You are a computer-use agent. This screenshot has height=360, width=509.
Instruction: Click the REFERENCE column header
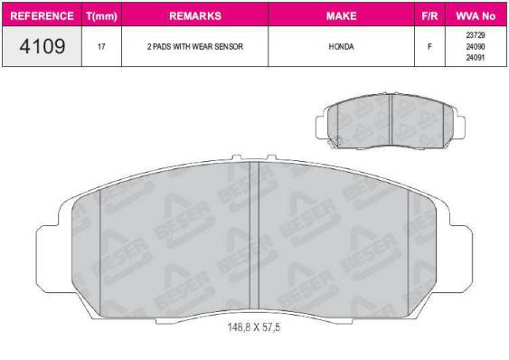[x=41, y=16]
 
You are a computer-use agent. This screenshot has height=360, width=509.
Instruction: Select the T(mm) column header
[x=102, y=16]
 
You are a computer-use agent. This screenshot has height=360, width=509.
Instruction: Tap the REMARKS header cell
[x=194, y=16]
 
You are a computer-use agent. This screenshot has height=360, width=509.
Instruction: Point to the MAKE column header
[x=341, y=16]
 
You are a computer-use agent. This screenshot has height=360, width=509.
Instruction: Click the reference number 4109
[x=41, y=45]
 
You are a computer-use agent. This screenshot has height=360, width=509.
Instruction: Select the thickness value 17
[x=102, y=45]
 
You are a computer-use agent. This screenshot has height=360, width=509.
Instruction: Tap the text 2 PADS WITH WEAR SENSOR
[x=194, y=45]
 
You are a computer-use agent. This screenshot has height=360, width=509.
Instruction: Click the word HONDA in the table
[x=341, y=45]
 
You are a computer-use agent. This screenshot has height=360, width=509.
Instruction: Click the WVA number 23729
[x=475, y=34]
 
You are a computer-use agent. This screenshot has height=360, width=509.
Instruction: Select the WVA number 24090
[x=475, y=44]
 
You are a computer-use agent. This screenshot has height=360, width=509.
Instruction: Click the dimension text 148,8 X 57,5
[x=254, y=327]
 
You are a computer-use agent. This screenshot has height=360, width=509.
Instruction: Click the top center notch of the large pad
[x=254, y=160]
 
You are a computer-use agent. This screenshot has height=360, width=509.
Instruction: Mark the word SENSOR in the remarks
[x=228, y=45]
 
